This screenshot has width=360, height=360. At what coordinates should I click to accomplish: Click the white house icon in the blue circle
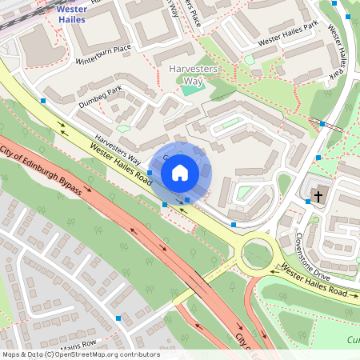pyautogui.click(x=180, y=172)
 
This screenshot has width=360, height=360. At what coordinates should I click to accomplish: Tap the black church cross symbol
pyautogui.click(x=318, y=195)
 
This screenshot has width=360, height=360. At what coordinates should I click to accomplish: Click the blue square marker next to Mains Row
pyautogui.click(x=119, y=318)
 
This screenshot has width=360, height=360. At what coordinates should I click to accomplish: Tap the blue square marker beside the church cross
pyautogui.click(x=307, y=202)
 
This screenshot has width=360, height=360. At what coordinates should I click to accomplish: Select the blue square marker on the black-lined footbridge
pyautogui.click(x=322, y=123)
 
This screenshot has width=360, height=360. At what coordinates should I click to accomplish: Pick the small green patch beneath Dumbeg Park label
pyautogui.click(x=122, y=128)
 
